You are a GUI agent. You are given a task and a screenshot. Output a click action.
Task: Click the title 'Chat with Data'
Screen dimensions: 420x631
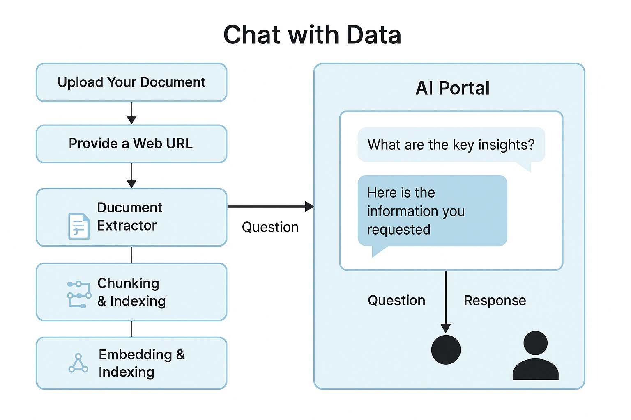312,35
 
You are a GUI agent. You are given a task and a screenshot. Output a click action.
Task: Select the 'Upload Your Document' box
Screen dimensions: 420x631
131,82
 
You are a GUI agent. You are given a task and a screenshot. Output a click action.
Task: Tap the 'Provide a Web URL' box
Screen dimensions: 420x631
131,144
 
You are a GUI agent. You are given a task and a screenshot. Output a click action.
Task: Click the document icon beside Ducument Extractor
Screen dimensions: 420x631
78,226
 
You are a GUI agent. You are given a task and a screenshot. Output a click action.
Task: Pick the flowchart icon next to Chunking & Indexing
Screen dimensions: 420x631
78,294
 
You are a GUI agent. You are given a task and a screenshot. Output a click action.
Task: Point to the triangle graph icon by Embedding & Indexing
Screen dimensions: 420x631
78,363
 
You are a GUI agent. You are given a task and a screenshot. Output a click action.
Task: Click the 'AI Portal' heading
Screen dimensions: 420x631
452,88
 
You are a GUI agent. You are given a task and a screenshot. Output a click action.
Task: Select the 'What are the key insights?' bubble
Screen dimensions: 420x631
451,145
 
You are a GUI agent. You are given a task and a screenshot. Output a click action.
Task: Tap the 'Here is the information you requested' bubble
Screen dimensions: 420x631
432,211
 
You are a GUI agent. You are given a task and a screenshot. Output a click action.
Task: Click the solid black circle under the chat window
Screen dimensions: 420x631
446,349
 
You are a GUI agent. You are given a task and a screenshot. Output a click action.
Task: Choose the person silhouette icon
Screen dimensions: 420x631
535,356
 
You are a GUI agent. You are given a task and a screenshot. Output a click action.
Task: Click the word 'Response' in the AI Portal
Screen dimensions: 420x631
495,301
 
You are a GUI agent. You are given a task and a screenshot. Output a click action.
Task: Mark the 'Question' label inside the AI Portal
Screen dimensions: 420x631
396,301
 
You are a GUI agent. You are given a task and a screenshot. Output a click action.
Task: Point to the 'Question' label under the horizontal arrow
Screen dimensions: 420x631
270,227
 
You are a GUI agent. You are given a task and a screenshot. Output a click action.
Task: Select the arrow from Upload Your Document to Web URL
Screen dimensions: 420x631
131,113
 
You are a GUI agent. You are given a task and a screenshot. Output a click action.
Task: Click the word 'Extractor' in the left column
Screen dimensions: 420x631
127,226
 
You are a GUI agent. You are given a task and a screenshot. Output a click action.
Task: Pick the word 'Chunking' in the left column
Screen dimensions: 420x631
128,283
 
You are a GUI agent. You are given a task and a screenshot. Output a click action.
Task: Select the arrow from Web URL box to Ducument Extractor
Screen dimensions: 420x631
131,175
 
